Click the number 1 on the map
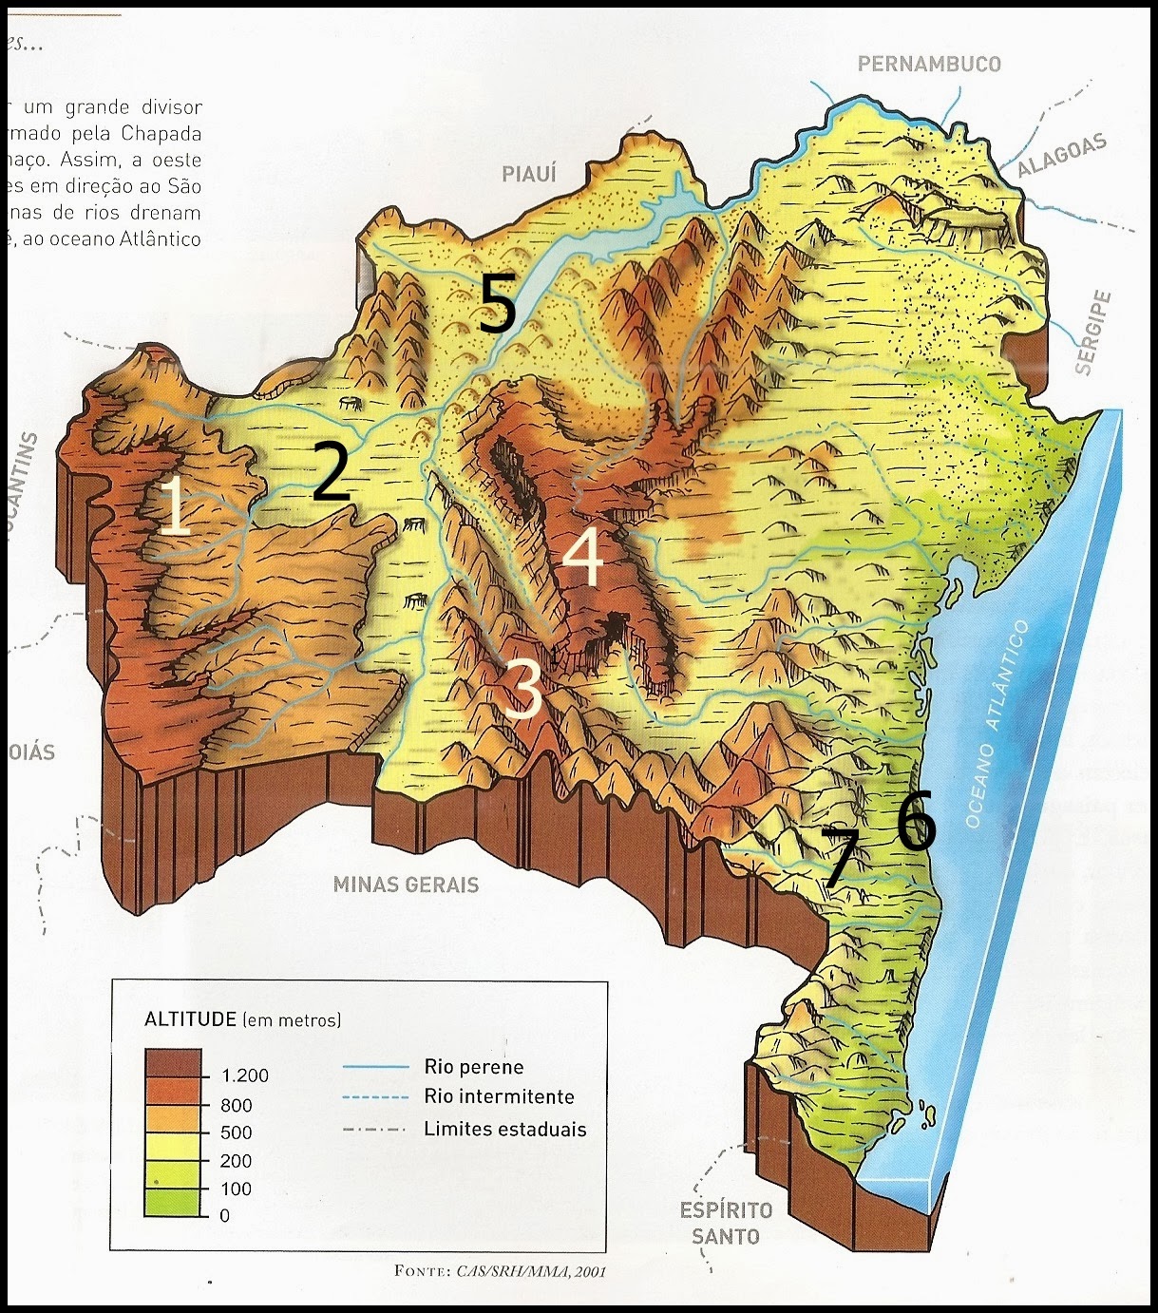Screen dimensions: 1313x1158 pyautogui.click(x=174, y=506)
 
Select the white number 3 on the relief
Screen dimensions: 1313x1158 pyautogui.click(x=522, y=690)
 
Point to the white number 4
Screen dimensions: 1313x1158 pyautogui.click(x=582, y=557)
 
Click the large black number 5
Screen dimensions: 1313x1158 pyautogui.click(x=497, y=303)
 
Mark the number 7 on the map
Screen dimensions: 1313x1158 pyautogui.click(x=841, y=857)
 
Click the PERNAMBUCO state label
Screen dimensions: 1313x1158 pyautogui.click(x=928, y=64)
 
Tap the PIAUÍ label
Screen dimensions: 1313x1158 pyautogui.click(x=529, y=173)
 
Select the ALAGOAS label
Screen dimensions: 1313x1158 pyautogui.click(x=1062, y=156)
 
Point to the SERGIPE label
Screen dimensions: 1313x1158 pyautogui.click(x=1093, y=333)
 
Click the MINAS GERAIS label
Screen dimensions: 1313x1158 pyautogui.click(x=406, y=885)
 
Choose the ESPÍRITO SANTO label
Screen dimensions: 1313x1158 pyautogui.click(x=726, y=1223)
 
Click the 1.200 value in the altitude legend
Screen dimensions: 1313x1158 pyautogui.click(x=244, y=1075)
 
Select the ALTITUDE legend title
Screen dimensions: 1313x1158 pyautogui.click(x=190, y=1020)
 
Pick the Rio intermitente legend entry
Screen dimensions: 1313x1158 pyautogui.click(x=499, y=1096)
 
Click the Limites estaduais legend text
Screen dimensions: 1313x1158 pyautogui.click(x=504, y=1130)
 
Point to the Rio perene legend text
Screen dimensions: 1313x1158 pyautogui.click(x=473, y=1067)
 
